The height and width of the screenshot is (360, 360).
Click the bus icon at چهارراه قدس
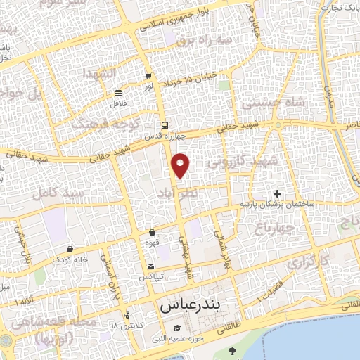tap(164, 125)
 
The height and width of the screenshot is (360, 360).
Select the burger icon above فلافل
tap(118, 93)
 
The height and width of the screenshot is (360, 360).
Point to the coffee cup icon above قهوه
tap(153, 232)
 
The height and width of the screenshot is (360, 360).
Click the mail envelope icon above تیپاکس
tap(152, 266)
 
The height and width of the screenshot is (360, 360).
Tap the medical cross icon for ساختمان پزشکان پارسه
tap(278, 193)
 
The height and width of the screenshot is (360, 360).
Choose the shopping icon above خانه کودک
tap(70, 249)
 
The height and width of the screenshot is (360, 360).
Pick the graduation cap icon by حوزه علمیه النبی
tap(177, 329)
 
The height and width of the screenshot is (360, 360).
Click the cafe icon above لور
tap(148, 76)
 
